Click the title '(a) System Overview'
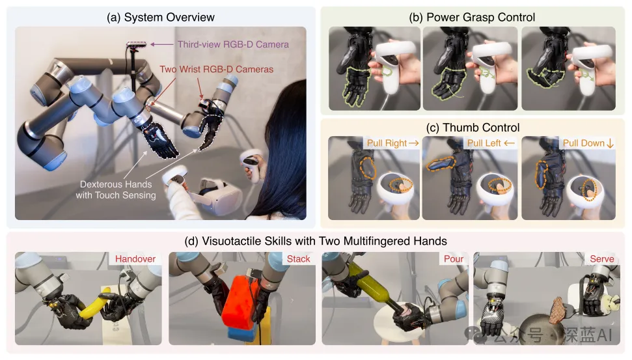(160, 18)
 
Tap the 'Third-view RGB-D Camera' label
(233, 44)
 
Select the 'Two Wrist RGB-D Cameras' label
(217, 70)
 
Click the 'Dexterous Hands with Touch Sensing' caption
(116, 189)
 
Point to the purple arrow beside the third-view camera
(162, 44)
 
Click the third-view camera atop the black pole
(137, 44)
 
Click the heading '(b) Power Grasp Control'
(472, 18)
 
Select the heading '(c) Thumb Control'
(473, 128)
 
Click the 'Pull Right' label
(387, 143)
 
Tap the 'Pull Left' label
(484, 143)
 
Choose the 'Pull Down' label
(584, 143)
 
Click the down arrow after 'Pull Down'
(611, 143)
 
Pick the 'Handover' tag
(135, 259)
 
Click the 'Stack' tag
(298, 259)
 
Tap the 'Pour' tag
(454, 259)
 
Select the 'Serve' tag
(602, 259)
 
